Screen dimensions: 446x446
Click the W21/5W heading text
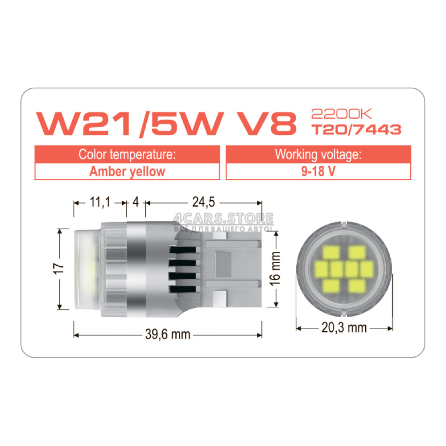[130, 124]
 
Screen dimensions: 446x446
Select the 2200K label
[342, 114]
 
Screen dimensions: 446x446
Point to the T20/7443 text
[356, 129]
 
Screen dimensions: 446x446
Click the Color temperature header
[127, 154]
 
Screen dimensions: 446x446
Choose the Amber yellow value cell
[127, 172]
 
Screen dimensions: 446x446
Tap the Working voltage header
[318, 154]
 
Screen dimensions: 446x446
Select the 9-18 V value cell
[318, 172]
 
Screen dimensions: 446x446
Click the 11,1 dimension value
[100, 202]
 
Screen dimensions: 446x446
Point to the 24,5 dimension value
[204, 202]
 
